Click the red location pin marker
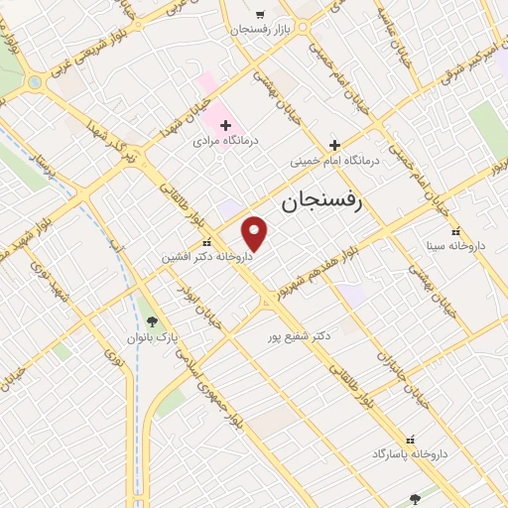tap(256, 232)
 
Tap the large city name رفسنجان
tap(321, 201)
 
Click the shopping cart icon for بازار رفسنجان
tap(260, 15)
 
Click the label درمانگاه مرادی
tap(225, 142)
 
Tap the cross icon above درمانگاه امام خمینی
tap(334, 145)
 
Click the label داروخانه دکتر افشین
tap(207, 256)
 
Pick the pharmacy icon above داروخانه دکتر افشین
tap(206, 241)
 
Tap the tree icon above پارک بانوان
tap(151, 320)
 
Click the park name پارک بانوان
tap(151, 337)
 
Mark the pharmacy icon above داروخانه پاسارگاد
tap(411, 439)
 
